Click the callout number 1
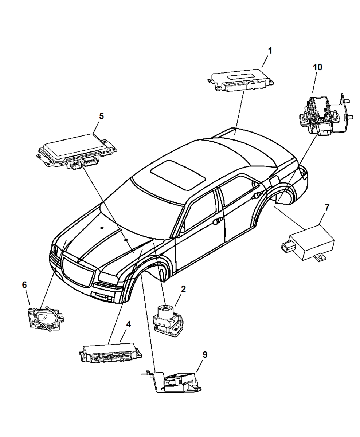pyautogui.click(x=270, y=51)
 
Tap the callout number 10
pyautogui.click(x=317, y=67)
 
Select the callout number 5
pyautogui.click(x=101, y=116)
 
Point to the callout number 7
pyautogui.click(x=327, y=208)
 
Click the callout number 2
pyautogui.click(x=183, y=289)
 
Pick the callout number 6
pyautogui.click(x=24, y=285)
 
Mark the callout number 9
pyautogui.click(x=205, y=354)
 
